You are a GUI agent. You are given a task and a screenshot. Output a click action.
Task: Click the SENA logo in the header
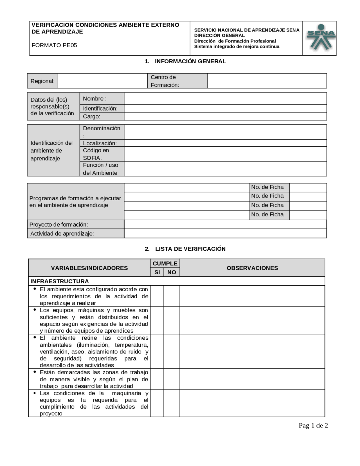click(x=321, y=38)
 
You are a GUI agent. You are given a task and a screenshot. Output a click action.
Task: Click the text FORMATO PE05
click(x=54, y=45)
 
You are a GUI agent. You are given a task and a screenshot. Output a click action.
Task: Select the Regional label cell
click(x=43, y=81)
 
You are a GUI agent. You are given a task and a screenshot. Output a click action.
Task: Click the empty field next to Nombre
click(x=225, y=99)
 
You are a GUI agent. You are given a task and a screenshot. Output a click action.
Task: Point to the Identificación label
click(x=100, y=109)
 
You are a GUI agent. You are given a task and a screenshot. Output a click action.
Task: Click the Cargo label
click(x=91, y=116)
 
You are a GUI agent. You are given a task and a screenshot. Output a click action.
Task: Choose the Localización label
click(x=100, y=143)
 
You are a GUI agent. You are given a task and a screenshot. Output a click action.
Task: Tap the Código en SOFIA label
click(x=96, y=154)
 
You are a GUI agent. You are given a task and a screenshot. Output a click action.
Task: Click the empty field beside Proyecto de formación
click(x=225, y=225)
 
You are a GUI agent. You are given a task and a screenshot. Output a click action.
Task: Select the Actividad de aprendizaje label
click(x=62, y=234)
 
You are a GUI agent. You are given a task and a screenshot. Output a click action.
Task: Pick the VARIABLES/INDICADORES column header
click(x=89, y=268)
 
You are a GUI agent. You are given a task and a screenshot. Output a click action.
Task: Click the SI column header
click(x=157, y=272)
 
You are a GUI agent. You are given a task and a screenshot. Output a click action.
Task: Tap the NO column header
click(x=172, y=272)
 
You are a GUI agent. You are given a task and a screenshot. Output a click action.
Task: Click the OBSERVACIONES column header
click(x=252, y=268)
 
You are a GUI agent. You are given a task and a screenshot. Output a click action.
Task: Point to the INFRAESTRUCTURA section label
click(x=60, y=281)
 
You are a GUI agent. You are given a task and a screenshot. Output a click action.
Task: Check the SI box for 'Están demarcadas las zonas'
click(x=157, y=379)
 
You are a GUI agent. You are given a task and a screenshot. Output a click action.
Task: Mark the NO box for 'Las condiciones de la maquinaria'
click(x=172, y=403)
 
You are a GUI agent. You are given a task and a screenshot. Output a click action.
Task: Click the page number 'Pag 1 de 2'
click(x=313, y=425)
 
